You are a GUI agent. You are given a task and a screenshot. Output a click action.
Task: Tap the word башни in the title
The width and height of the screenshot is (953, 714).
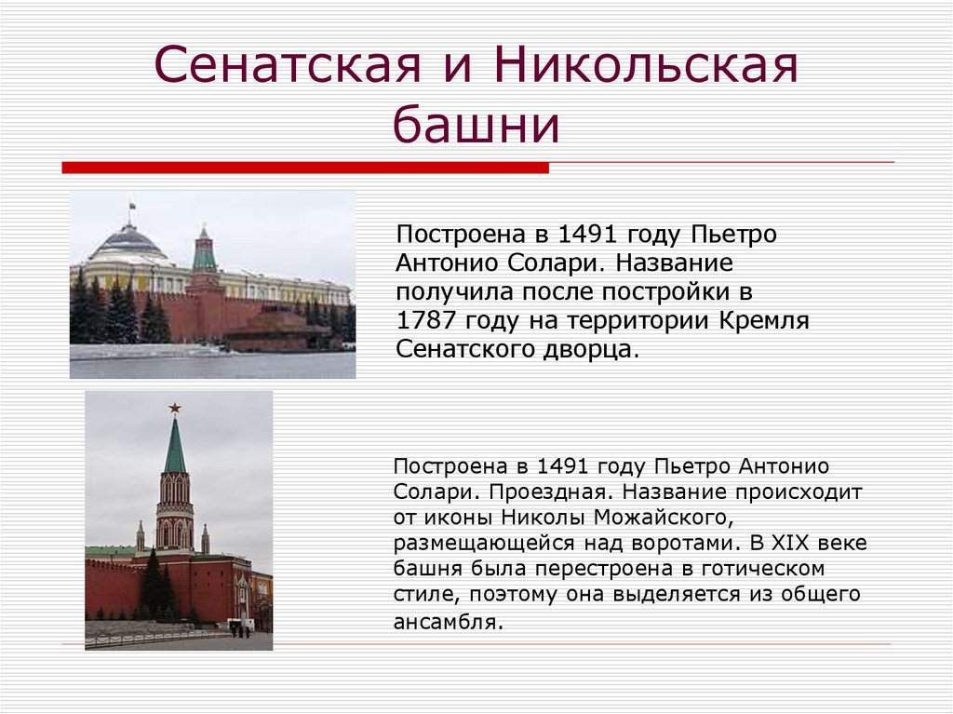click(476, 127)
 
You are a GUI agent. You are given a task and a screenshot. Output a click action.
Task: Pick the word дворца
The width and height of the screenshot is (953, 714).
click(591, 351)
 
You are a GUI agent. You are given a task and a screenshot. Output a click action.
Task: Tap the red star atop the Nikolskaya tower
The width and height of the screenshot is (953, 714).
click(174, 408)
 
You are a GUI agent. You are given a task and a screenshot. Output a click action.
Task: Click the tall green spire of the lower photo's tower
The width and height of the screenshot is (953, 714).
click(174, 447)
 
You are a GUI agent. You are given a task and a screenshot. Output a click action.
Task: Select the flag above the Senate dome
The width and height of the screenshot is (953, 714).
click(132, 205)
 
